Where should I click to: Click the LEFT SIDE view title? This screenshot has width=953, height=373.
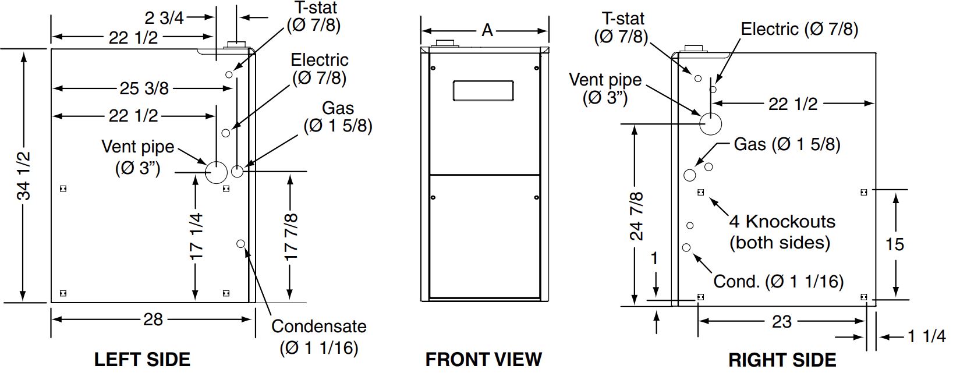coord(142,360)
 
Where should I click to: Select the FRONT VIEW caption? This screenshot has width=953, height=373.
coord(484,360)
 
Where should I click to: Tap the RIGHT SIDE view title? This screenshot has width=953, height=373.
coord(782,360)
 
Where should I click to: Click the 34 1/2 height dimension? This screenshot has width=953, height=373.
coord(24,175)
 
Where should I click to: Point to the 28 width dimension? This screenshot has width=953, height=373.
coord(153,319)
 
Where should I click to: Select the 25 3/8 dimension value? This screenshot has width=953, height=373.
coord(144,88)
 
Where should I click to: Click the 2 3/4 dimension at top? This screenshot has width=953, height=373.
coord(164,18)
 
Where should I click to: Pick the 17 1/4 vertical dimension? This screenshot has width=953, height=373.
coord(196,236)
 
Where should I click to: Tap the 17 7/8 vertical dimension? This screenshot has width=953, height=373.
coord(290,237)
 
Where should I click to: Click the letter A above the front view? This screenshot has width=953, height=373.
coord(487,30)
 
